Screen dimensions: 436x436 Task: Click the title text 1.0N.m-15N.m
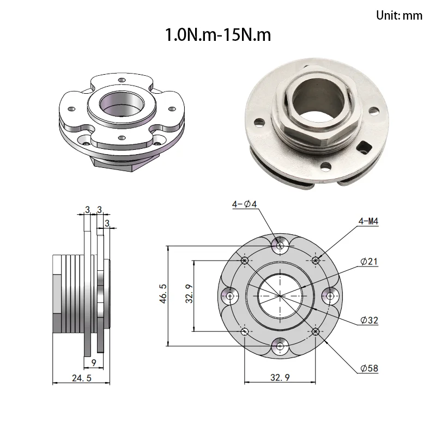pyautogui.click(x=218, y=35)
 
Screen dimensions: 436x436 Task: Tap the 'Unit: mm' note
pyautogui.click(x=399, y=15)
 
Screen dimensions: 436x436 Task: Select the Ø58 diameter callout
pyautogui.click(x=370, y=368)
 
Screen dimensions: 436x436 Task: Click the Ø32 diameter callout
pyautogui.click(x=370, y=320)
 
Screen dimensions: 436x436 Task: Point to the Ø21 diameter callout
pyautogui.click(x=370, y=262)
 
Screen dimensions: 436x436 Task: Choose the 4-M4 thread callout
pyautogui.click(x=368, y=221)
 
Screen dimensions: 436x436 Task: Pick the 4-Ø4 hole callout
pyautogui.click(x=244, y=204)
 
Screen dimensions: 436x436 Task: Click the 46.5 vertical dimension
pyautogui.click(x=163, y=293)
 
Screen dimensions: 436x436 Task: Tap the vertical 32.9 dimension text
pyautogui.click(x=189, y=293)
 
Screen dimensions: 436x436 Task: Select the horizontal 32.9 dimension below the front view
pyautogui.click(x=280, y=377)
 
